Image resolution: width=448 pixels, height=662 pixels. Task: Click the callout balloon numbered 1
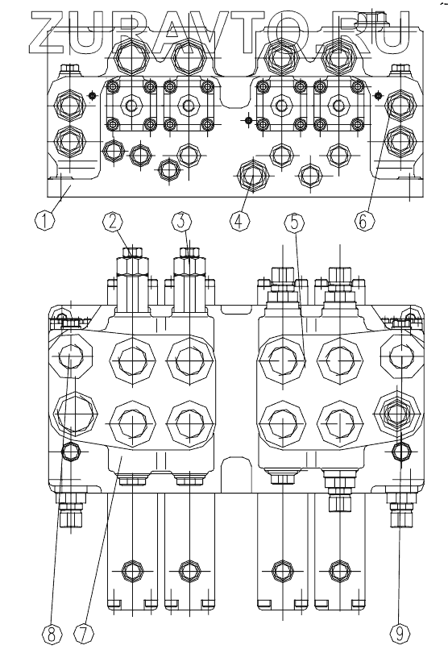(x=44, y=220)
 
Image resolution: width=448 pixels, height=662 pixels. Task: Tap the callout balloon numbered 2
(x=113, y=222)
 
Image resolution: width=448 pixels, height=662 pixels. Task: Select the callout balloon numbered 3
(x=181, y=222)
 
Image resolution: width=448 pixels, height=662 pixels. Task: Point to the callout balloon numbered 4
(x=239, y=221)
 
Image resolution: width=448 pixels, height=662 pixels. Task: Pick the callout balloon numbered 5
(x=294, y=223)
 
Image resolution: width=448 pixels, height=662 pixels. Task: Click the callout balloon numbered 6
(x=363, y=220)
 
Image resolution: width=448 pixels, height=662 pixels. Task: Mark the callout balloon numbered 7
(x=84, y=635)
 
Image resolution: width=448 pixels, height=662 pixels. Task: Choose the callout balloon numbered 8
(x=52, y=635)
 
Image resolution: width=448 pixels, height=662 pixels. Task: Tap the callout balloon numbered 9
(x=399, y=633)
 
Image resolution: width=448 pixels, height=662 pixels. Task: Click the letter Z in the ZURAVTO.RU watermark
(x=50, y=31)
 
